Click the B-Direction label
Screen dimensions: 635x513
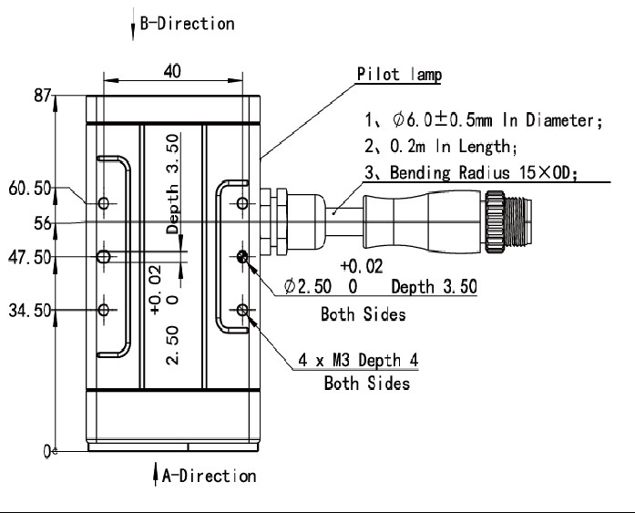187,24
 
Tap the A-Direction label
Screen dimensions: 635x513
209,476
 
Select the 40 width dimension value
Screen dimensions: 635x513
172,71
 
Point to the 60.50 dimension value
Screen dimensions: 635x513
29,189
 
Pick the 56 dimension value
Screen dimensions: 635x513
43,223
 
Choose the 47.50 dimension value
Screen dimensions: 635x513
29,258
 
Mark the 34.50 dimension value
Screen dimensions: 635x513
29,311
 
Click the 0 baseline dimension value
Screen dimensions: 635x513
47,451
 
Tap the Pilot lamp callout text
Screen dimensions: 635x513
399,75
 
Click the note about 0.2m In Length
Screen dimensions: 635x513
441,146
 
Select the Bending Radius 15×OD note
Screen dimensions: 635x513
471,172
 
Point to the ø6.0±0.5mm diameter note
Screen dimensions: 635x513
484,120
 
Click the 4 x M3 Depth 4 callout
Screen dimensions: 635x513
358,360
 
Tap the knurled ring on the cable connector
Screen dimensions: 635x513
495,222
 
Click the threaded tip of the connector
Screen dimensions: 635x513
518,222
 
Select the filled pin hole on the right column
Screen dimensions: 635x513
242,256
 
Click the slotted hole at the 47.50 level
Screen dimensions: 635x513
104,256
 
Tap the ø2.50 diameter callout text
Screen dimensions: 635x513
308,286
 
